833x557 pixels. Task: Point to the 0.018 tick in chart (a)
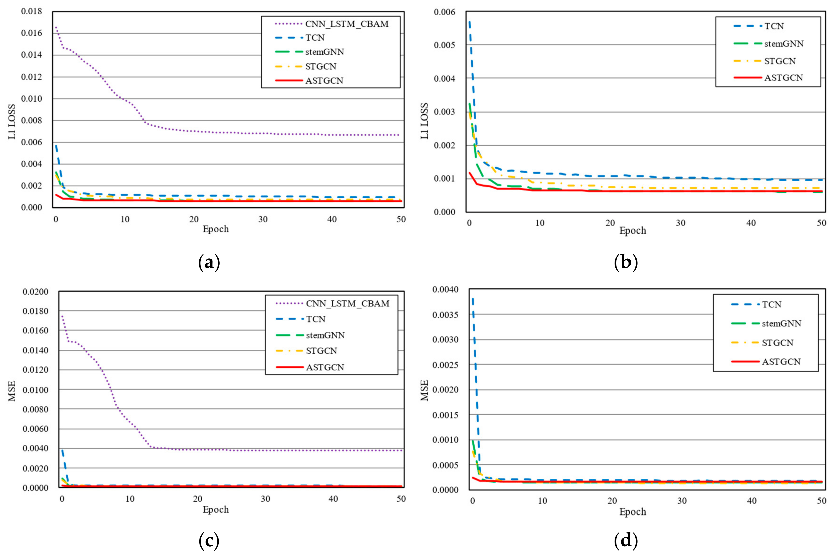[x=31, y=11]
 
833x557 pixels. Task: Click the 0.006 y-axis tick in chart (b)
[x=444, y=12]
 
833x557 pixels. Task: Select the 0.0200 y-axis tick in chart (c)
[x=35, y=292]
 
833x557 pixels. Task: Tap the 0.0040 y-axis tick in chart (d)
[x=445, y=290]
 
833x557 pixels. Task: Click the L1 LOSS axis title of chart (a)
[x=12, y=122]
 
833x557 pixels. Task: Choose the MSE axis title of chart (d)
[x=425, y=390]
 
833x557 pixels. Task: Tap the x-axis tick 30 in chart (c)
[x=265, y=499]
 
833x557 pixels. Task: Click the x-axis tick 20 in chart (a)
[x=194, y=219]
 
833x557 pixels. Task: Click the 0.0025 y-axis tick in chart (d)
[x=445, y=365]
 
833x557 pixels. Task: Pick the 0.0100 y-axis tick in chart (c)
[x=35, y=390]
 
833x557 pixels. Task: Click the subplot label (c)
[x=209, y=541]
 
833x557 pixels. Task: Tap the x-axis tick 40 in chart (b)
[x=751, y=223]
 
